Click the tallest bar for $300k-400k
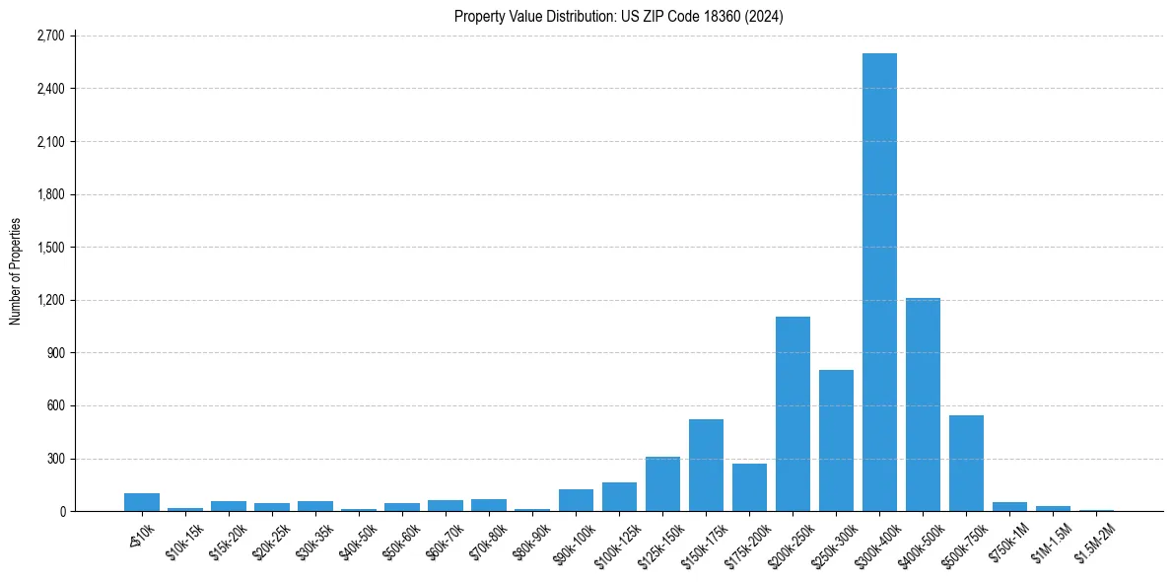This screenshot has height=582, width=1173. tap(879, 282)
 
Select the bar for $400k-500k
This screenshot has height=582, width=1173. tap(923, 404)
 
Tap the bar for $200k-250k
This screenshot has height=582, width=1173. tap(793, 414)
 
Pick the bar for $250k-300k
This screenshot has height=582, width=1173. tap(836, 441)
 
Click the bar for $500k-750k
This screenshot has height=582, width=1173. tap(966, 464)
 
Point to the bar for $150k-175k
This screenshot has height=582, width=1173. tap(706, 466)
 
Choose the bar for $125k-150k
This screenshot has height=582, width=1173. tap(662, 484)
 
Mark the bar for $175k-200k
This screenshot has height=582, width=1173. tap(749, 487)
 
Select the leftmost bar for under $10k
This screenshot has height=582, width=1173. tap(142, 502)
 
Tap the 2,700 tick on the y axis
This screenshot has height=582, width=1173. tap(49, 36)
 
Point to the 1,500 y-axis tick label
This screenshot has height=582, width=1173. tap(49, 248)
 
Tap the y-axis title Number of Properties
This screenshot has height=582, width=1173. tap(15, 271)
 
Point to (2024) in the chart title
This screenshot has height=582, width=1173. tap(765, 17)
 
